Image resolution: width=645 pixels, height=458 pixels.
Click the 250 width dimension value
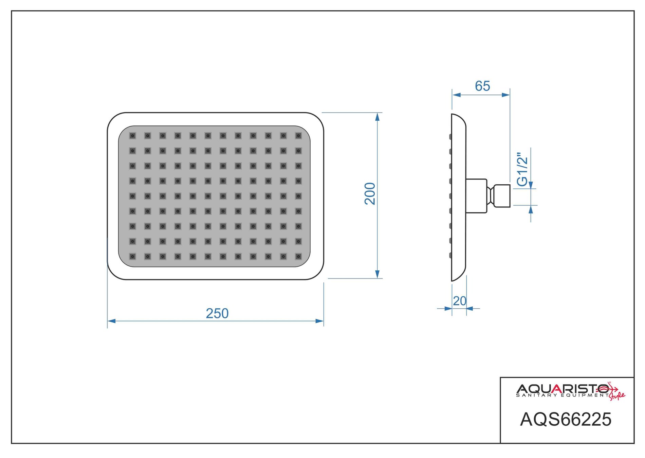click(217, 313)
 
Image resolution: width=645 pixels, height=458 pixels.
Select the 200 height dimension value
click(370, 193)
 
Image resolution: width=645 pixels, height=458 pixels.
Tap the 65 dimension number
click(482, 86)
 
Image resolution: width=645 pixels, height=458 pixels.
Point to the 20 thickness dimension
click(460, 301)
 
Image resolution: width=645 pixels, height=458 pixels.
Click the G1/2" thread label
click(522, 169)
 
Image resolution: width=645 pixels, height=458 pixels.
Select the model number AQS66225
click(566, 419)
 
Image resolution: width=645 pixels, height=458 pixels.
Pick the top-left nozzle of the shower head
click(133, 136)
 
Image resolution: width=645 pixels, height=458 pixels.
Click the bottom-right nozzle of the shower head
click(298, 256)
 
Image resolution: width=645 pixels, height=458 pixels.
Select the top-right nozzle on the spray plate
click(298, 136)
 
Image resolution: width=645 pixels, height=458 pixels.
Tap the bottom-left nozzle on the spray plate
click(133, 256)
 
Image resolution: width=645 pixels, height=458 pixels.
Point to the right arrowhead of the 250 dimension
click(320, 321)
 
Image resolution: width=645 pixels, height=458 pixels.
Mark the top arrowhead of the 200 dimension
click(377, 117)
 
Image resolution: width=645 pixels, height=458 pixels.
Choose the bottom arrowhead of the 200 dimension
click(377, 274)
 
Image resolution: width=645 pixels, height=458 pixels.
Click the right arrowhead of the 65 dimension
click(506, 95)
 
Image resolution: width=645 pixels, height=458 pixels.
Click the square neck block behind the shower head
click(476, 196)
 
